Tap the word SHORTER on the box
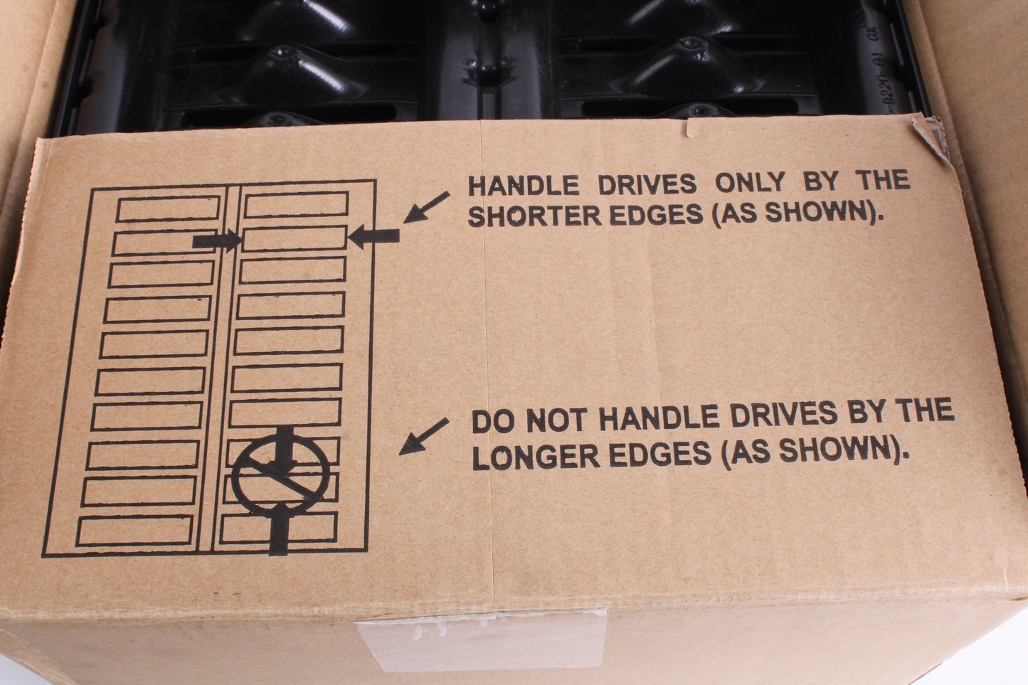(x=535, y=216)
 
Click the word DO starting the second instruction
(x=494, y=422)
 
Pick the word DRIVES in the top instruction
(x=647, y=184)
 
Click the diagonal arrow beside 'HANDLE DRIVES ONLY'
(x=426, y=208)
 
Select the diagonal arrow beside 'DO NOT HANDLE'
(x=423, y=436)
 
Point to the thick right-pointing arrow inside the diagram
(x=217, y=240)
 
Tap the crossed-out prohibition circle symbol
(x=280, y=474)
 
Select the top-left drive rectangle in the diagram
(x=168, y=208)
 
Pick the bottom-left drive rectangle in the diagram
(x=134, y=531)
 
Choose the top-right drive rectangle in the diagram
(x=296, y=204)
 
